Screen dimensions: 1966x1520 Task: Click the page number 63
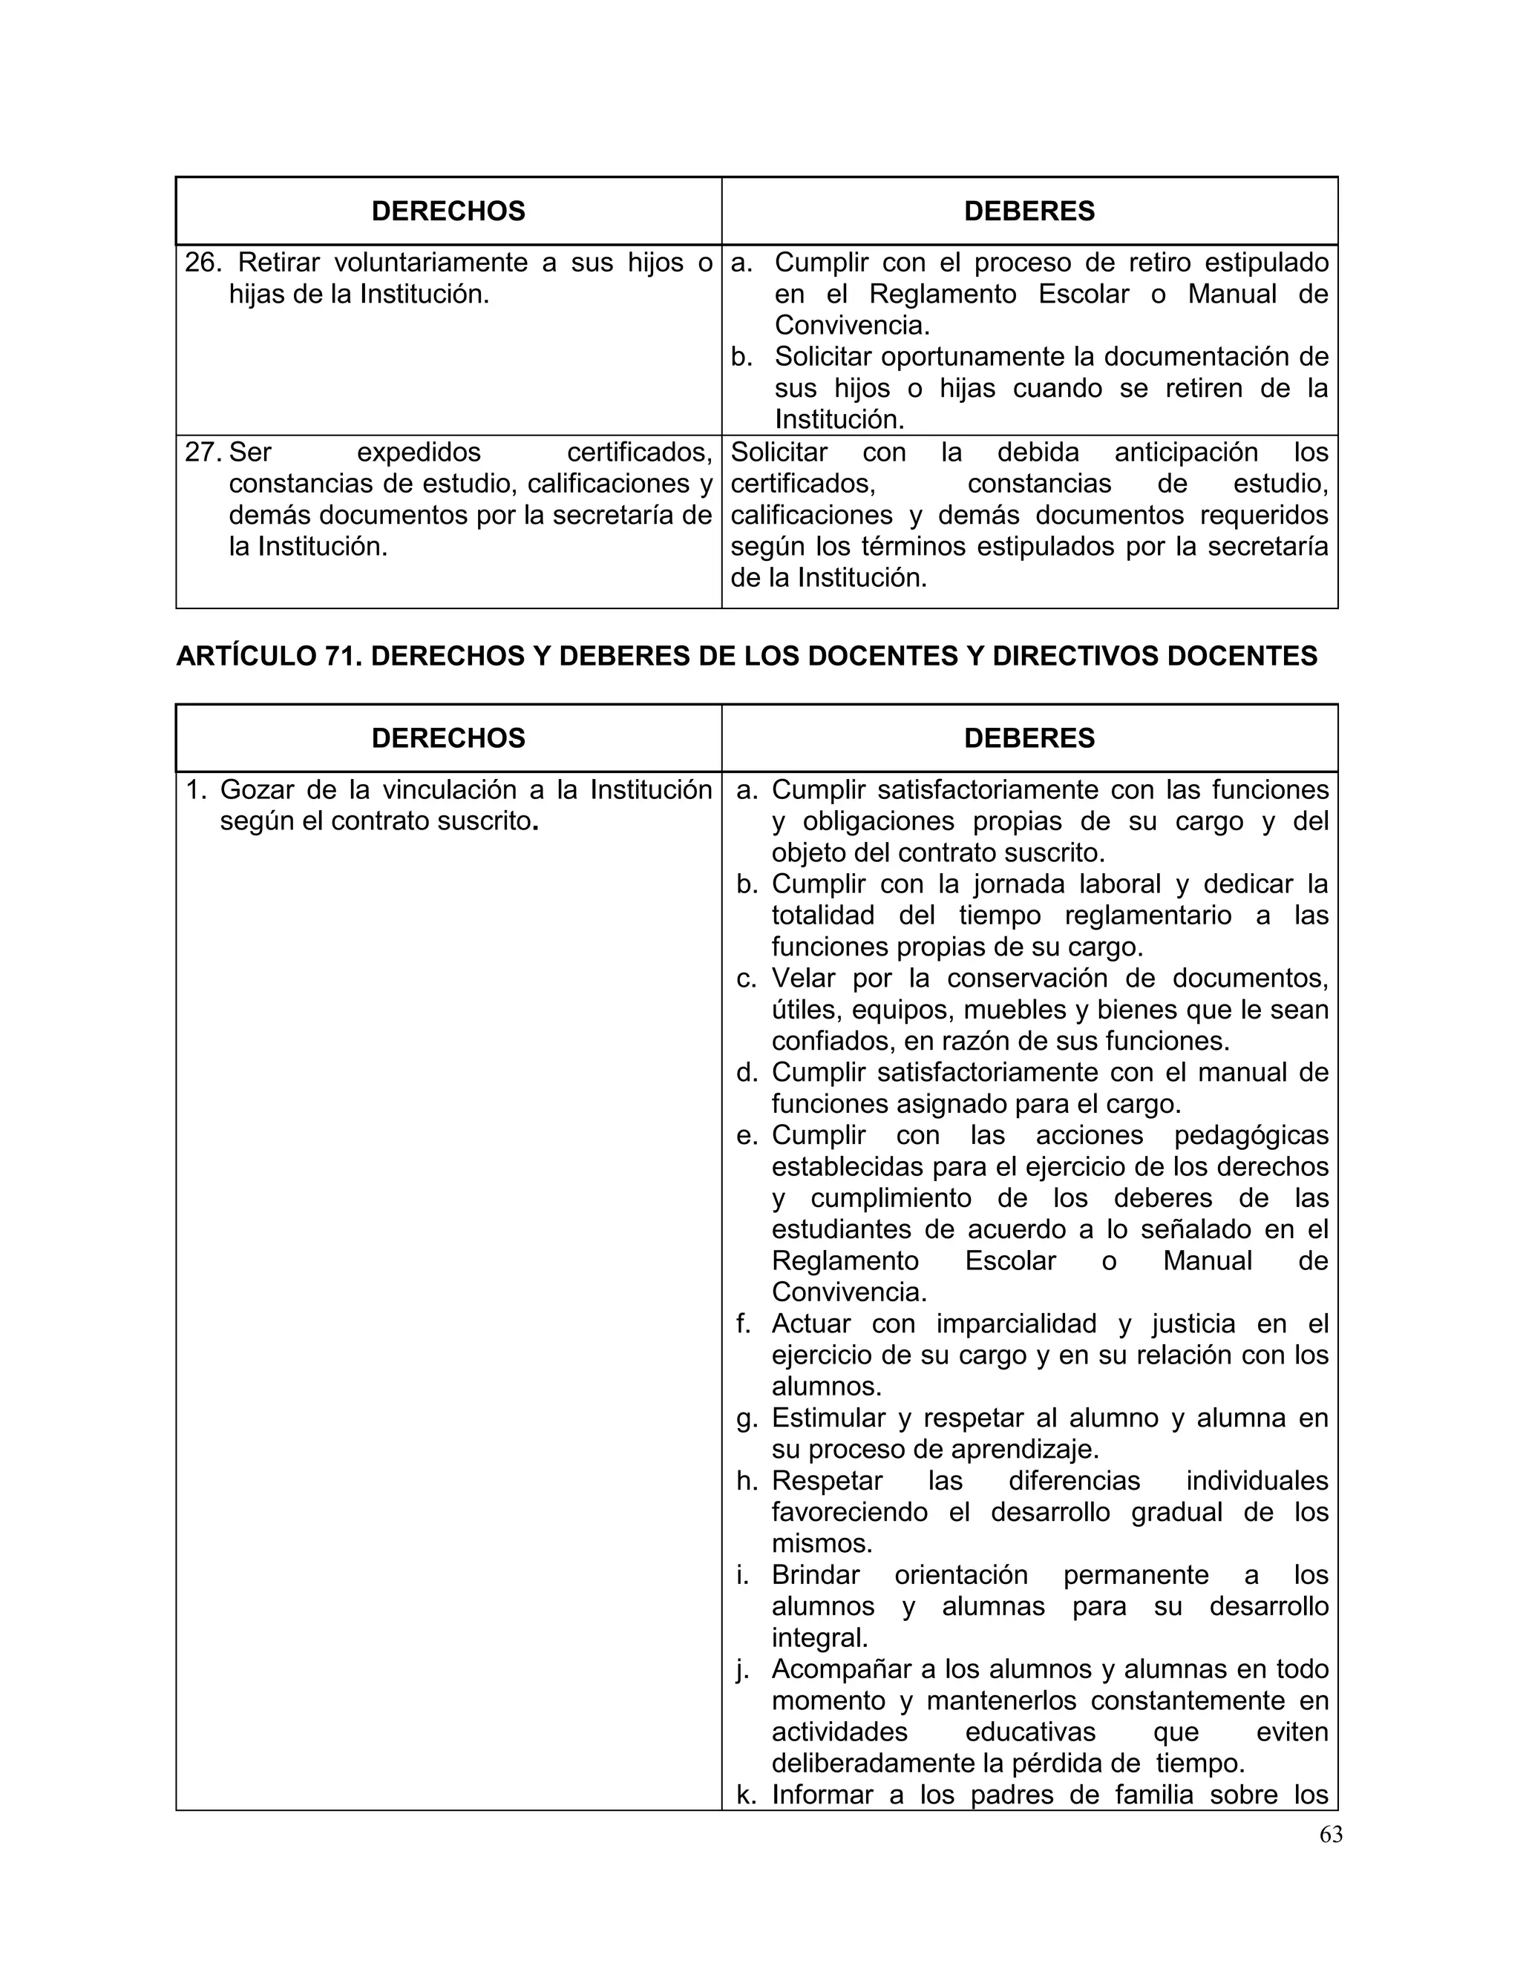1330,1835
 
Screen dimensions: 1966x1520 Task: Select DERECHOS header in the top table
448,211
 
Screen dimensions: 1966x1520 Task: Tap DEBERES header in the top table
1029,211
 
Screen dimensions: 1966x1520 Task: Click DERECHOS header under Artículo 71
448,738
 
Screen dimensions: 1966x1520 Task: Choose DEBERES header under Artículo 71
1029,738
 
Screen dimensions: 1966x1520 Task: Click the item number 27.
203,452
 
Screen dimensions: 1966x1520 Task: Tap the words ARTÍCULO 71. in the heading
269,657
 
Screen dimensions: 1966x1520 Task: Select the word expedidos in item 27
419,452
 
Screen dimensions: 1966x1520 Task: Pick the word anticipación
1186,452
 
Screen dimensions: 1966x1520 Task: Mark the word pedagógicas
1251,1135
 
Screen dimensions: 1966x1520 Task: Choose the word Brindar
815,1574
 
